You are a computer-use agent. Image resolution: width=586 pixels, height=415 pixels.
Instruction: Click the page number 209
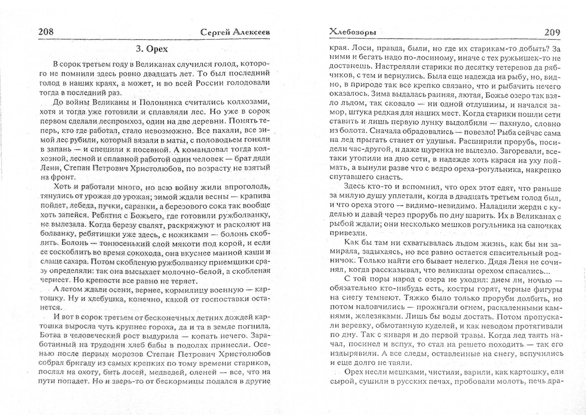click(x=552, y=32)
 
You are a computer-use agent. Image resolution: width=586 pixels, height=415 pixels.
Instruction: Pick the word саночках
click(x=544, y=226)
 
